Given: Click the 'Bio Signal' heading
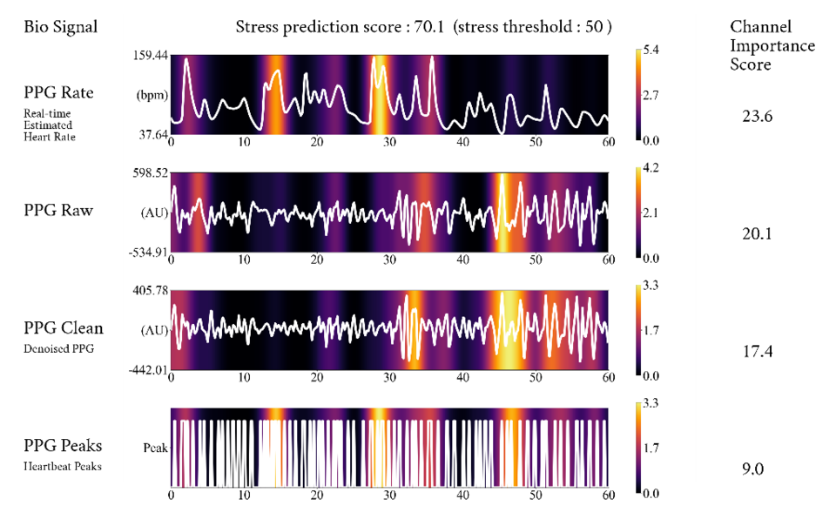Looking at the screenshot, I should click(x=60, y=27).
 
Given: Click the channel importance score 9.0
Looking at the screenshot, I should click(x=752, y=469).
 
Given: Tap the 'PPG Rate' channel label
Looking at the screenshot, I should click(x=59, y=91).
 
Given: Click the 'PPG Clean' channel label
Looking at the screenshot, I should click(x=64, y=327).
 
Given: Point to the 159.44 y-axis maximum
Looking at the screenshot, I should click(x=150, y=55).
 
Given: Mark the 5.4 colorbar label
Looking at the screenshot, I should click(x=651, y=51).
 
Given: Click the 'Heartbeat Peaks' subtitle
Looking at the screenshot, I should click(x=63, y=466).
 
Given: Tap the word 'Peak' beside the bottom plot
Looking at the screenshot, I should click(x=154, y=448).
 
